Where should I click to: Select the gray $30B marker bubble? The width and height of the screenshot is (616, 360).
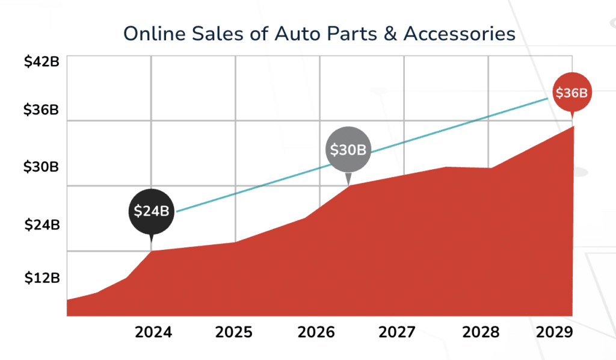coord(348,150)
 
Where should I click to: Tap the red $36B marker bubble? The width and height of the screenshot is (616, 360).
coord(571,93)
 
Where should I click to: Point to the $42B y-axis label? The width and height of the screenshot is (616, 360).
coord(41,63)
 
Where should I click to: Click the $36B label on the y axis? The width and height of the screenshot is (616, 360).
coord(41,110)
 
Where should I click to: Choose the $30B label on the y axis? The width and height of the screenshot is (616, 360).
coord(41,167)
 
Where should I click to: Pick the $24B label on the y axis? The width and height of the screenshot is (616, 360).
coord(42,225)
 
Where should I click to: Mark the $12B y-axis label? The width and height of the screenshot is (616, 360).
coord(42,278)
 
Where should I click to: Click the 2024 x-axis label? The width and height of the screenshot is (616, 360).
coord(153,332)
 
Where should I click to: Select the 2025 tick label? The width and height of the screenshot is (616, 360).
coord(235,332)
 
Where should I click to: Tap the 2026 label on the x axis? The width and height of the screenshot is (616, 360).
coord(317,332)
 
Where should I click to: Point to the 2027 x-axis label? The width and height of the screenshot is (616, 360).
coord(397,332)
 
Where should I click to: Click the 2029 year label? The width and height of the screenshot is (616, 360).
coord(554,332)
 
